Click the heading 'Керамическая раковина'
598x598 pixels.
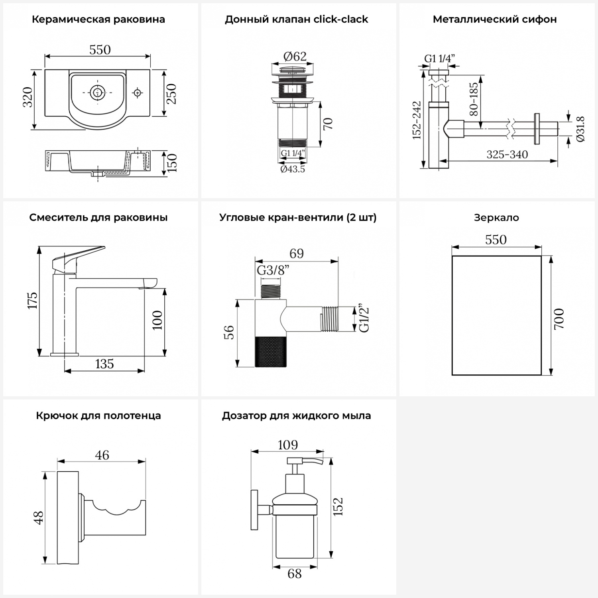(x=98, y=20)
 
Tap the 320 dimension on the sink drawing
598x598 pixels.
(x=28, y=97)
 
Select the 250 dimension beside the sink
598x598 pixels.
(x=171, y=94)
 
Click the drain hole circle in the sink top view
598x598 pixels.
(x=96, y=92)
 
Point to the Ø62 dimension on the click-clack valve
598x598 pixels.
(x=295, y=56)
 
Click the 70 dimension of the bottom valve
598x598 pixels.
(x=328, y=124)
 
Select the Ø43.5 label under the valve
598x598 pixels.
(x=292, y=169)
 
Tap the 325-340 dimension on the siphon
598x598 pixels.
(x=507, y=154)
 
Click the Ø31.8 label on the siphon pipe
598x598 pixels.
(x=580, y=129)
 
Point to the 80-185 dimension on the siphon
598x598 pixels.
(x=474, y=99)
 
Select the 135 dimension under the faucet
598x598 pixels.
(x=104, y=364)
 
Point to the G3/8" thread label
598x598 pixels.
(x=273, y=270)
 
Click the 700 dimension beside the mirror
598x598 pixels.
(x=559, y=318)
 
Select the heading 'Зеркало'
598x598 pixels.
(x=496, y=218)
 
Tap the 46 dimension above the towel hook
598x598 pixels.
(x=102, y=455)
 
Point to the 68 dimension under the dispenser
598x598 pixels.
(x=295, y=574)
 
